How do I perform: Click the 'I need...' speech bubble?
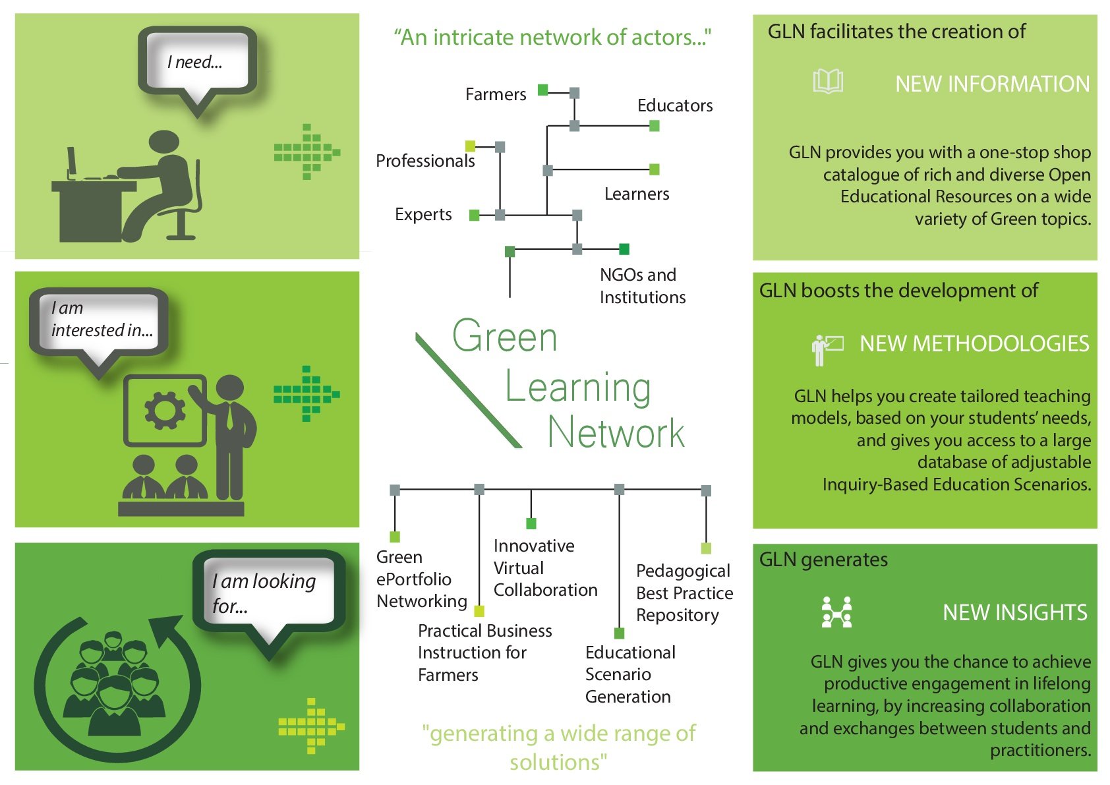point(196,61)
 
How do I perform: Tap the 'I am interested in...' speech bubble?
point(100,320)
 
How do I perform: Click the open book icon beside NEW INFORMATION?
point(828,82)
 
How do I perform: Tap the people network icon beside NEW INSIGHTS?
point(836,612)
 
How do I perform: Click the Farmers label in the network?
point(496,94)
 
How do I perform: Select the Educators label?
point(675,105)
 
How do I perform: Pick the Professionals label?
point(425,161)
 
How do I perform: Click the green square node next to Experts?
point(474,215)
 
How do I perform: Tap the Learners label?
point(637,194)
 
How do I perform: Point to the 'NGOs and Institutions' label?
point(642,286)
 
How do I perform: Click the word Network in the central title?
point(616,433)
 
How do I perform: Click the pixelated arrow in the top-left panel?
point(307,152)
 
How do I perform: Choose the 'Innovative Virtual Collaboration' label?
point(545,567)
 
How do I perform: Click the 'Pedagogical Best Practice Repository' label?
point(684,593)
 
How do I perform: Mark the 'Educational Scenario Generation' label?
point(630,674)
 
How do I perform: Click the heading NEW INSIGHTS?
point(1014,612)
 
